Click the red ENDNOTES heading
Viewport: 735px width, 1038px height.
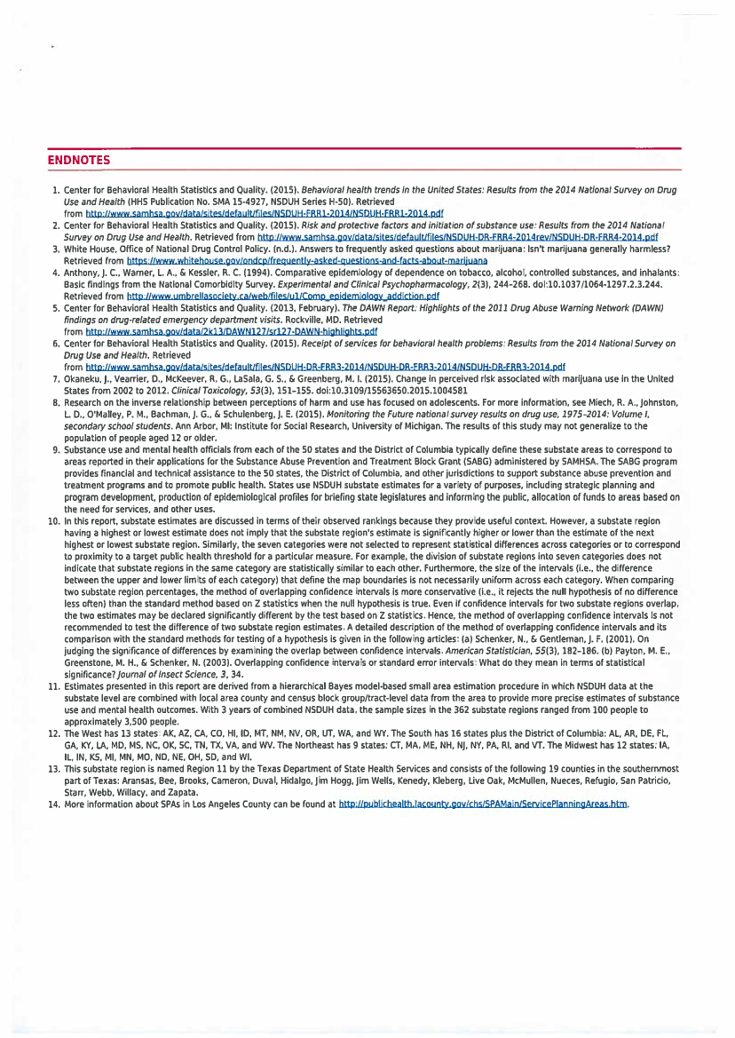pyautogui.click(x=78, y=160)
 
